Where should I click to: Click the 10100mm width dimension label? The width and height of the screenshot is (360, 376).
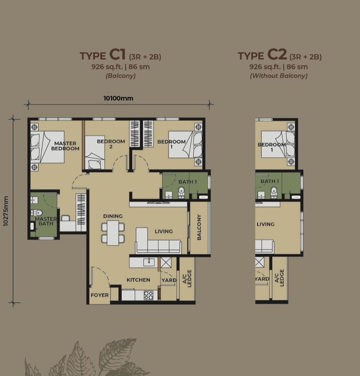[118, 98]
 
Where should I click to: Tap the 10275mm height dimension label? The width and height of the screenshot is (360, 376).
[6, 211]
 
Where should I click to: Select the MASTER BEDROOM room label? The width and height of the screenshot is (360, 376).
[65, 146]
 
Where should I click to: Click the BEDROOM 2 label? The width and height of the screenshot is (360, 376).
[111, 144]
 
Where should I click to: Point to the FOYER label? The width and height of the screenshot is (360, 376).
[100, 295]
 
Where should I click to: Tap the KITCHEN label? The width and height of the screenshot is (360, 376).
[138, 280]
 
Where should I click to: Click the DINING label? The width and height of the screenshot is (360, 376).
[113, 216]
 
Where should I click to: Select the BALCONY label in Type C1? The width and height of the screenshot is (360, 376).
[199, 227]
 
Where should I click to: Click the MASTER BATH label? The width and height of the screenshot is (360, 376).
[46, 221]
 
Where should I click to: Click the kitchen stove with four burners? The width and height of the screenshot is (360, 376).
[148, 295]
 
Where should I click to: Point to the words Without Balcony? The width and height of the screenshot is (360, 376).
[279, 76]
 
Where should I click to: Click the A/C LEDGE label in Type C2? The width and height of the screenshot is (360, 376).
[279, 278]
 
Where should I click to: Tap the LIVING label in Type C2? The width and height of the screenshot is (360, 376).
[265, 224]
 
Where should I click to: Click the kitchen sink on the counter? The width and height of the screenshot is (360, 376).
[149, 261]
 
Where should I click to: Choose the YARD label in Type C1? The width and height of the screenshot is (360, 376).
[169, 281]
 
